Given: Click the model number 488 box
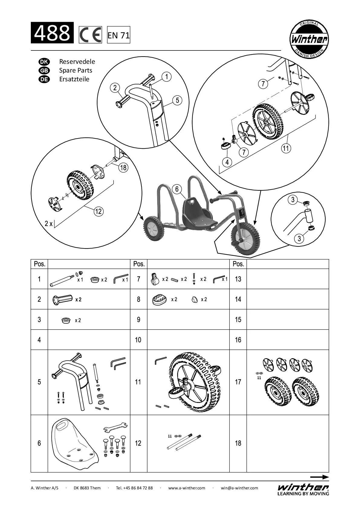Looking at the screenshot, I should click(52, 33).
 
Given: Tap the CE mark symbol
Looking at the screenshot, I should click(90, 35).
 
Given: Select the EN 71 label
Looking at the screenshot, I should click(118, 35).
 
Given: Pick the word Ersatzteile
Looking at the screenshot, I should click(74, 79).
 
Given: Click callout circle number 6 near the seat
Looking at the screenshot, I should click(177, 189).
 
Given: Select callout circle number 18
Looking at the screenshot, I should click(123, 167).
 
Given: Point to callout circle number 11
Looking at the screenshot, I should click(286, 148).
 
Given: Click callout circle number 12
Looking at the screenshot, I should click(99, 211).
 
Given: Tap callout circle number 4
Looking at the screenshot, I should click(227, 162).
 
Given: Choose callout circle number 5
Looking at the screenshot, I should click(177, 100).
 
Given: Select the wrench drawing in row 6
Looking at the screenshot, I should click(115, 427).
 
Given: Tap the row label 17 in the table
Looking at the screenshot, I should click(238, 382).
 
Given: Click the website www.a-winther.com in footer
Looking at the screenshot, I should click(186, 488).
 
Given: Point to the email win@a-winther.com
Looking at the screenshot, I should click(239, 488).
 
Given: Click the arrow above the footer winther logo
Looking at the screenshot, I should click(319, 477).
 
